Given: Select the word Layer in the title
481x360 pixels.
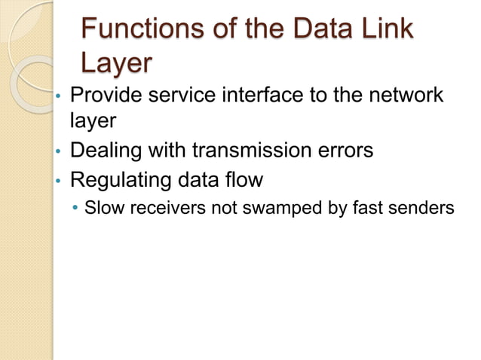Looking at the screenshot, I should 114,65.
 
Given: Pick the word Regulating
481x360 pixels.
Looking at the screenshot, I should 124,180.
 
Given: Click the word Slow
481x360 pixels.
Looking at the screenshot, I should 104,207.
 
